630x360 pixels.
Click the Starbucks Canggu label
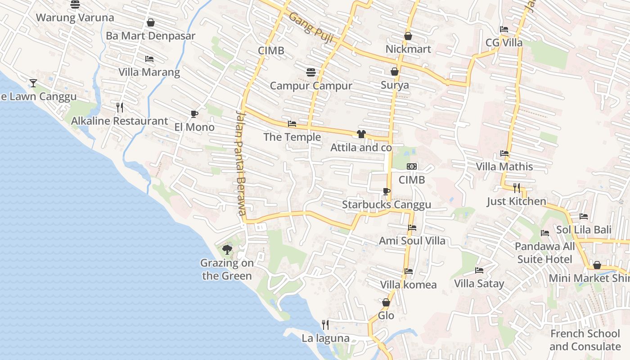[387, 205]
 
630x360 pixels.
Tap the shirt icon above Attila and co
[361, 134]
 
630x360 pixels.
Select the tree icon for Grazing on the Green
[227, 249]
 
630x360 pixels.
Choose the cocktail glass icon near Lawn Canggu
[33, 83]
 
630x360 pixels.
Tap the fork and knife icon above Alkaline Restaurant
[120, 107]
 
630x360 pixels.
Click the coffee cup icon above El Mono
[194, 114]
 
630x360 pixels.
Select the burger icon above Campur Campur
[310, 72]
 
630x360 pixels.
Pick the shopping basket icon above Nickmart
[408, 36]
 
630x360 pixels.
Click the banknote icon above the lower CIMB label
[412, 166]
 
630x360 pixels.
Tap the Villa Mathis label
[504, 166]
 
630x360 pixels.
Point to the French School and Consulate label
[585, 340]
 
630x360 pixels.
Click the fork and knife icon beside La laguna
[325, 324]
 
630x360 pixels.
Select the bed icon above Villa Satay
[479, 270]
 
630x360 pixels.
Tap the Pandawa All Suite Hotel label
[544, 253]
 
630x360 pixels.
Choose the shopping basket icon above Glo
[386, 302]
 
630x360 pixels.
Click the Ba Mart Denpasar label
[150, 36]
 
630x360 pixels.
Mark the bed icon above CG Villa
[504, 29]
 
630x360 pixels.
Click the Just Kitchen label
[517, 201]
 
